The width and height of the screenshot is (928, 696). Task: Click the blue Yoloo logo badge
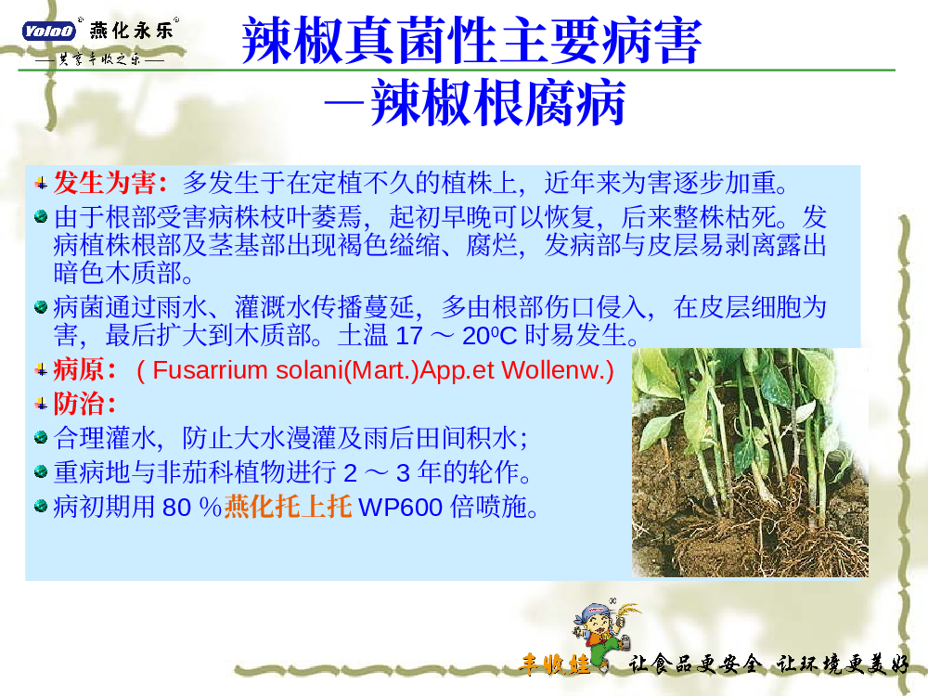[x=48, y=31]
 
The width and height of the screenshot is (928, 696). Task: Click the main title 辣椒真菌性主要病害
[x=471, y=41]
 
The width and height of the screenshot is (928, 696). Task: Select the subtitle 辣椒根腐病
[x=497, y=103]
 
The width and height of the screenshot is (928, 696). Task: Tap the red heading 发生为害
[x=104, y=182]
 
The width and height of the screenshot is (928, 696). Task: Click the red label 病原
[x=79, y=370]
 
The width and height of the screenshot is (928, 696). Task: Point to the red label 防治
[x=79, y=404]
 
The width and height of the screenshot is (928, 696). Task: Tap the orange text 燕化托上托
[x=288, y=507]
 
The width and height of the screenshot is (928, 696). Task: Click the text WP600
[x=401, y=508]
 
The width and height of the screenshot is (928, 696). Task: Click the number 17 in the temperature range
[x=408, y=336]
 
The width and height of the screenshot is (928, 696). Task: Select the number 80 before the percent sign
[x=175, y=508]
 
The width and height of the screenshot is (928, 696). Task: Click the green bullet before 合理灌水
[x=41, y=437]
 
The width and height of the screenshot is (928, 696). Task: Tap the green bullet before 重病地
[x=41, y=471]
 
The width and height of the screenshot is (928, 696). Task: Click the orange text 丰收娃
[x=555, y=664]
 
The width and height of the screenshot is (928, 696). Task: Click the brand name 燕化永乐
[x=132, y=30]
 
